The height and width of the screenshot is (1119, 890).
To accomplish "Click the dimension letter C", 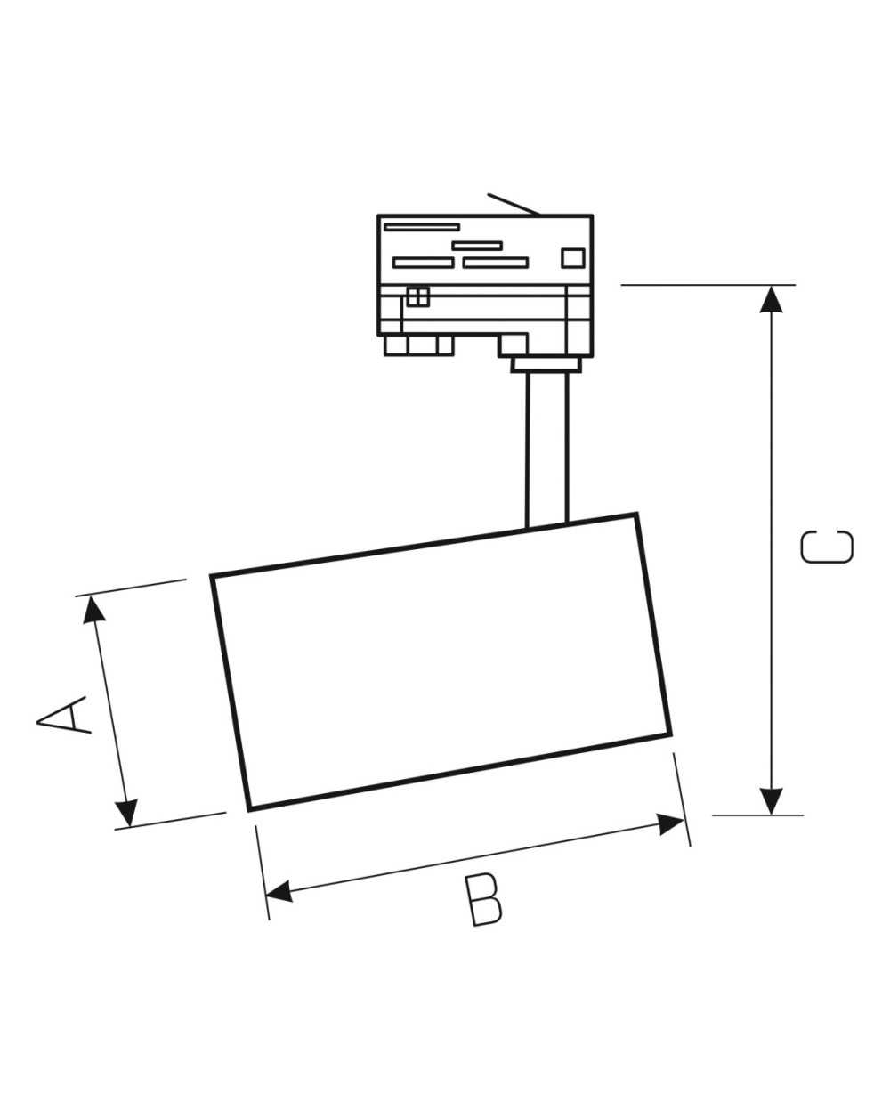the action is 827,547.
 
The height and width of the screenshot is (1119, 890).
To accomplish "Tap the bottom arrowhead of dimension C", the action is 771,801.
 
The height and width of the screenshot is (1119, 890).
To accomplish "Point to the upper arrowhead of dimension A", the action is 93,610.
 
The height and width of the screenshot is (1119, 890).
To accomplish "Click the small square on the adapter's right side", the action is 573,258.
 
